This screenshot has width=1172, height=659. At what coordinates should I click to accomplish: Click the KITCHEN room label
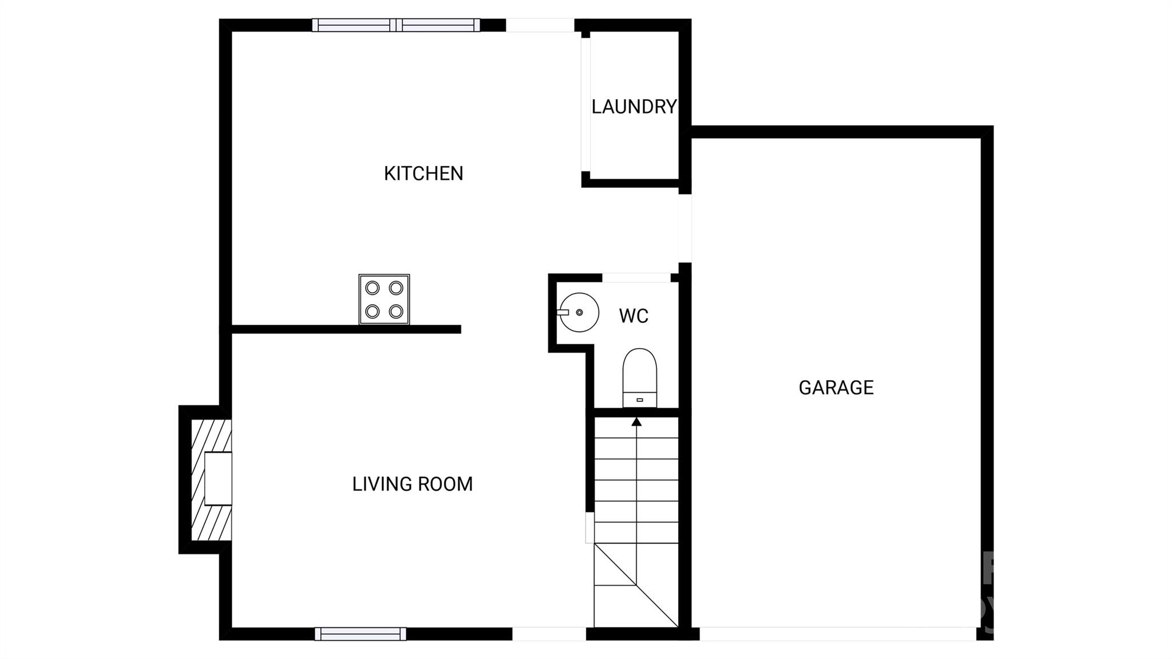click(x=423, y=173)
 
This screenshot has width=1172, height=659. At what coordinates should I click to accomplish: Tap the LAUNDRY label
click(x=634, y=106)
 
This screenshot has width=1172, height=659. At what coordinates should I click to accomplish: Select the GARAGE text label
click(x=836, y=388)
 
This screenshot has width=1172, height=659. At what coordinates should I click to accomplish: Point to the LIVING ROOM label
click(x=413, y=484)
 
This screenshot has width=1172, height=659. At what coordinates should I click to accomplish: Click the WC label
click(x=633, y=316)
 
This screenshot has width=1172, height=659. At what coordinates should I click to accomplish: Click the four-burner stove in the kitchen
click(x=384, y=299)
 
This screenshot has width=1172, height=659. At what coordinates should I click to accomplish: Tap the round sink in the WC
click(x=579, y=313)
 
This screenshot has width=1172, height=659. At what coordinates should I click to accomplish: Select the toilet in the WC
click(x=640, y=378)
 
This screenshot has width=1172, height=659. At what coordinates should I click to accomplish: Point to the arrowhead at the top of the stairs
click(x=636, y=422)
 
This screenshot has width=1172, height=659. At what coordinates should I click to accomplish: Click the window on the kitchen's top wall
click(x=396, y=25)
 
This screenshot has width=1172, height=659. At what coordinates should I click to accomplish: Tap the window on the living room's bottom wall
click(x=361, y=634)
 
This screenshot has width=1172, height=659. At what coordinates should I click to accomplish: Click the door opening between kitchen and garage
click(x=685, y=228)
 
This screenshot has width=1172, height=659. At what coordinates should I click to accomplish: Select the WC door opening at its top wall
click(x=636, y=278)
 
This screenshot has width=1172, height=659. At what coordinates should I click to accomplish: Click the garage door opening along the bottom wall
click(x=838, y=634)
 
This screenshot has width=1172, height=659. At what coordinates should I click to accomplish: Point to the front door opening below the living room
click(x=549, y=634)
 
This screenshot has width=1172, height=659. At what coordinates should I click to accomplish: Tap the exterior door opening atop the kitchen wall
click(x=540, y=25)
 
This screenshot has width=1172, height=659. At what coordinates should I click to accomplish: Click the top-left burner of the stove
click(x=373, y=287)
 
